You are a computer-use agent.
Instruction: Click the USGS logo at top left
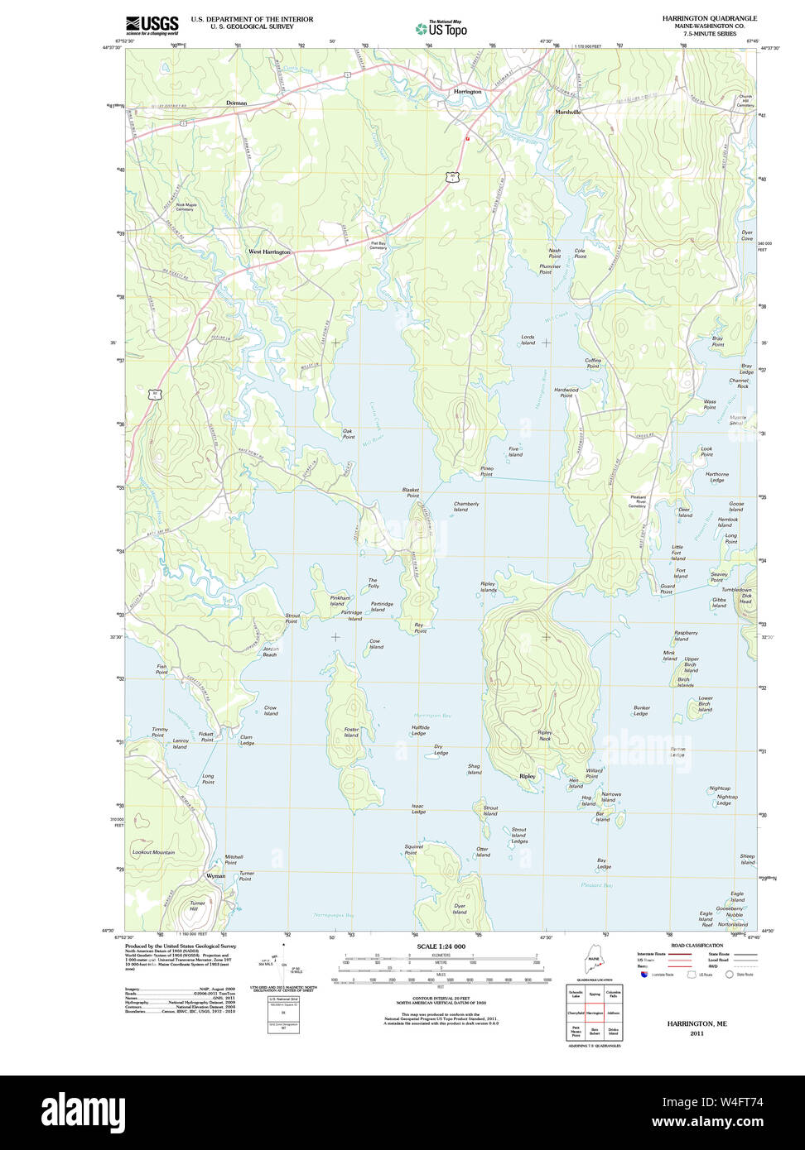coord(152,25)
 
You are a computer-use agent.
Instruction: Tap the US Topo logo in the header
coord(441,27)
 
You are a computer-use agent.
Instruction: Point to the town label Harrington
coord(467,91)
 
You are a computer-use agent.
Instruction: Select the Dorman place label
coord(237,103)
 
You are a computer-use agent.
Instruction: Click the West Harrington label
coord(270,252)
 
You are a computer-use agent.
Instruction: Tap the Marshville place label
coord(568,111)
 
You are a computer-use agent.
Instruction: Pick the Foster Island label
coord(351,732)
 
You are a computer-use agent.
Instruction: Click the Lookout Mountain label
coord(153,852)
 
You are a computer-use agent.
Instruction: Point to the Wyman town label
coord(215,875)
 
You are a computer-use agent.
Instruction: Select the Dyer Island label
coord(460,908)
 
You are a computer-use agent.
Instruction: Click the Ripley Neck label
coord(544,735)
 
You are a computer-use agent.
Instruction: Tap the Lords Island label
coord(528,340)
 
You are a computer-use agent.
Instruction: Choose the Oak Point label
coord(348,434)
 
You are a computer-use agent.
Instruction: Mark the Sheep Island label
coord(747,859)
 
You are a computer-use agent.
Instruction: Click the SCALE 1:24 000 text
coord(441,946)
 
